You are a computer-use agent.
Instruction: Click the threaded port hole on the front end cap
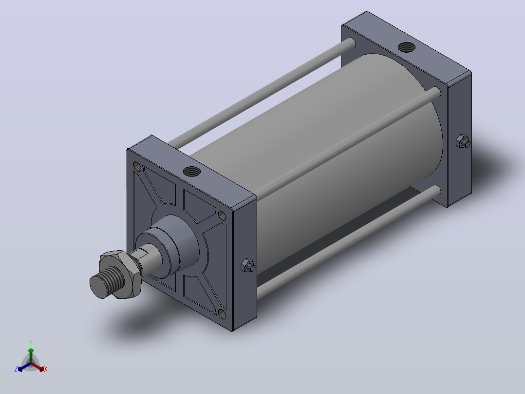[192, 172]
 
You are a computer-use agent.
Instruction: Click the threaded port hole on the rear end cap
[407, 47]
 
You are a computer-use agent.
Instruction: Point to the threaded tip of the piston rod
[106, 282]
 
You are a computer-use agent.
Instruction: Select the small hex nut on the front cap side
[248, 265]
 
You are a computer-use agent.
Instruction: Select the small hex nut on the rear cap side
[463, 141]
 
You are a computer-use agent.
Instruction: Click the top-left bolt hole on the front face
[137, 166]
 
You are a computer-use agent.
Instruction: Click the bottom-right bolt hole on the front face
[222, 314]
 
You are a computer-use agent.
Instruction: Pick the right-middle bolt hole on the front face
[222, 215]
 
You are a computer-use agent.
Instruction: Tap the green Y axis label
[31, 343]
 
